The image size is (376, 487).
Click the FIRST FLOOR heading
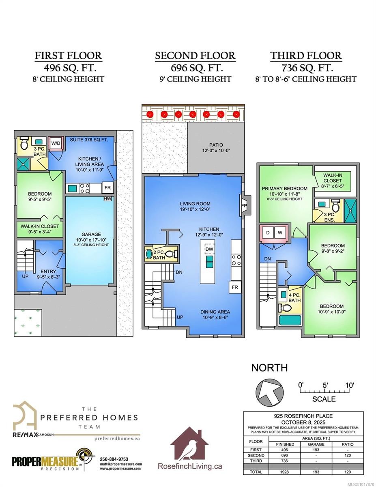pos(68,56)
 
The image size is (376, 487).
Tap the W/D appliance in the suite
pos(55,143)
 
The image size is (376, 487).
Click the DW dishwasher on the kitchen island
pos(209,249)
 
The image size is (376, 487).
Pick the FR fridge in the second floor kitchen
pos(235,287)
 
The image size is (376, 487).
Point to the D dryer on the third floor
pos(268,233)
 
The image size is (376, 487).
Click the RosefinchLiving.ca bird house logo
pos(189,444)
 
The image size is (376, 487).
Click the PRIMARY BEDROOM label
pos(284,188)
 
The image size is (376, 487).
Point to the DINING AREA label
pos(215,312)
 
